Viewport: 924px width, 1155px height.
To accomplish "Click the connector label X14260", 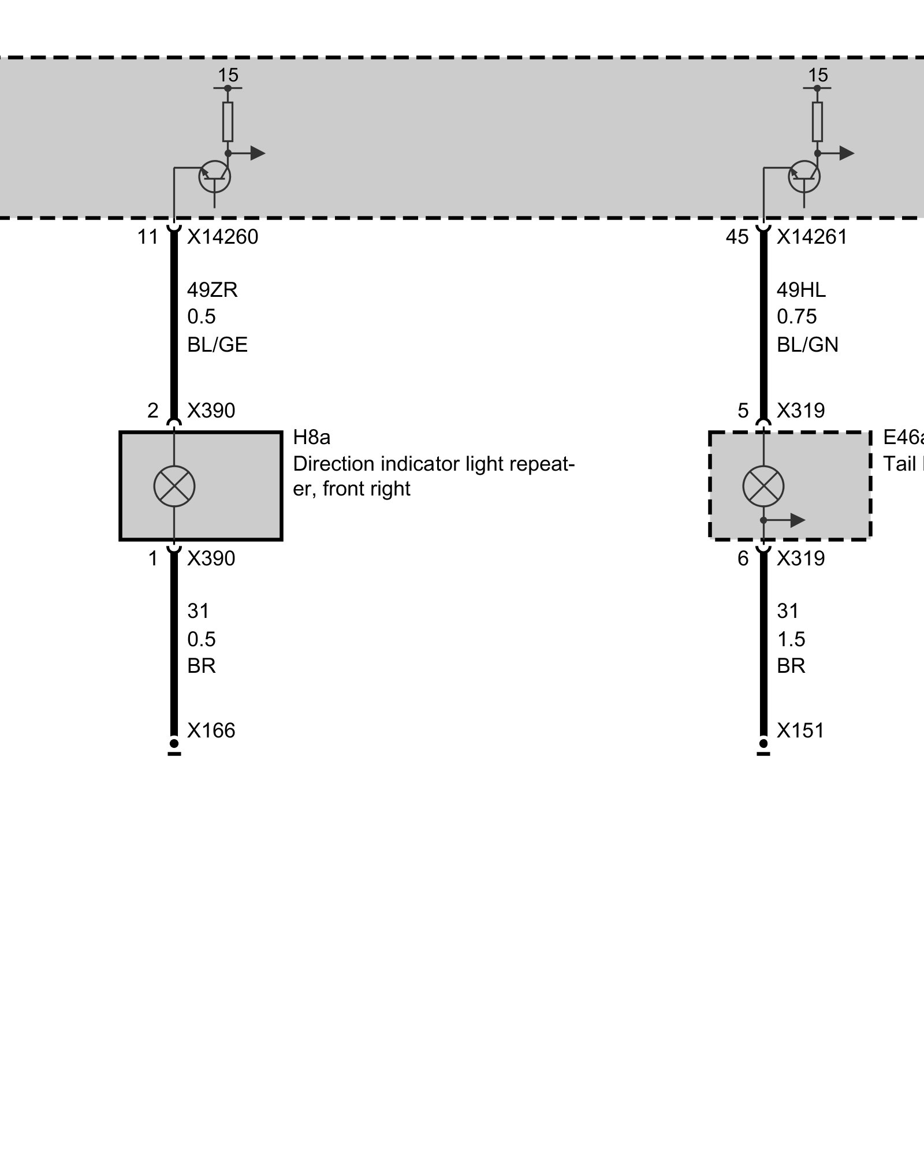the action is [x=222, y=237].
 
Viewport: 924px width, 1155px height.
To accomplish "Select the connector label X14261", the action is [x=811, y=237].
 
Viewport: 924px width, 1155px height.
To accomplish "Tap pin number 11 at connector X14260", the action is [x=148, y=237].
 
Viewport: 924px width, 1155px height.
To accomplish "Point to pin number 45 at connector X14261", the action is [x=737, y=237].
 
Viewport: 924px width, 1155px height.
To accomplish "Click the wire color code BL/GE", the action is [x=217, y=345].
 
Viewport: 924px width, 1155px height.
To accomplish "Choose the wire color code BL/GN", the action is [x=807, y=345].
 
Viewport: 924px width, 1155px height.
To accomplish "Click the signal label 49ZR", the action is [x=212, y=290].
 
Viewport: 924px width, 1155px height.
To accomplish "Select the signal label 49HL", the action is [x=801, y=290].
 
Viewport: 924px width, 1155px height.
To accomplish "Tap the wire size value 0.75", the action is [x=796, y=317].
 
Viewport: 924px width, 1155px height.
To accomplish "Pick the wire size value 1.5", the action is [x=791, y=639].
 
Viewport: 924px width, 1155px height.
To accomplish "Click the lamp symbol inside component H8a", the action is [x=174, y=486].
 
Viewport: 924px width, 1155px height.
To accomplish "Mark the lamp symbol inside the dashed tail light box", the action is [x=763, y=486].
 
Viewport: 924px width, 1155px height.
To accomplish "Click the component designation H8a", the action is [x=312, y=438].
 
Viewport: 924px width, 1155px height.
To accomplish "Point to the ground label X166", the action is [x=211, y=731].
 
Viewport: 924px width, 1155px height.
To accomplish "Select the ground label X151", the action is [x=800, y=731].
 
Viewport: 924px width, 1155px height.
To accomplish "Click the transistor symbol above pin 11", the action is [x=215, y=177].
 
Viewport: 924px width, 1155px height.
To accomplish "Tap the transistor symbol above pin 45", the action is [x=804, y=177].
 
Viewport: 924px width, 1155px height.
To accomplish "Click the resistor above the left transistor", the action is [x=228, y=121].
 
